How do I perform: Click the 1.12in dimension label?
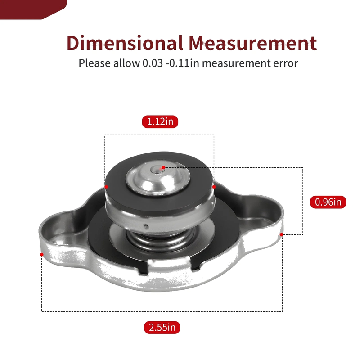[x=160, y=121]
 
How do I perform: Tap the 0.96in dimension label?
[x=328, y=202]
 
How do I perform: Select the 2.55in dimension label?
[x=162, y=328]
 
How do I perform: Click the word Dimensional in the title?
[x=125, y=43]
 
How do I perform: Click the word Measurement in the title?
[x=253, y=43]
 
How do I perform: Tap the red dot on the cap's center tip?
[x=163, y=167]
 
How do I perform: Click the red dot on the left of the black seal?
[x=106, y=187]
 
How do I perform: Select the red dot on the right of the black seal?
[x=214, y=187]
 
